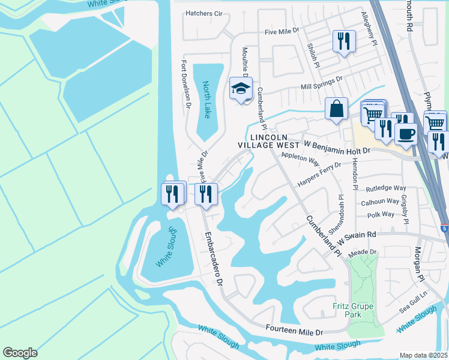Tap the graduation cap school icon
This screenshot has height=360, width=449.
point(241,89)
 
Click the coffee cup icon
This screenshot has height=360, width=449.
point(405,133)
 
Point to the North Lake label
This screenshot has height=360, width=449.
point(207,99)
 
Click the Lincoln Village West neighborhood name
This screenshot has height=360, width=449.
point(268,141)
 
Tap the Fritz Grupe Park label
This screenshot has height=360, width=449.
point(354,311)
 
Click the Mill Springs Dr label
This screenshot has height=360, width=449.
point(321,83)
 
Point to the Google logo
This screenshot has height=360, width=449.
point(20,352)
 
